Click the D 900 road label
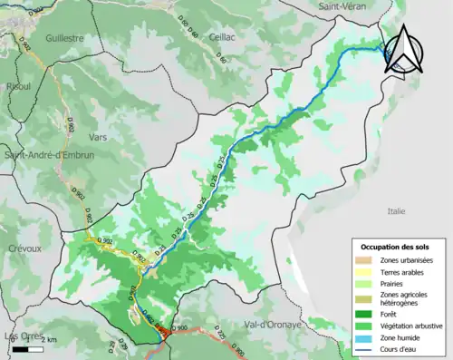point(178,327)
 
